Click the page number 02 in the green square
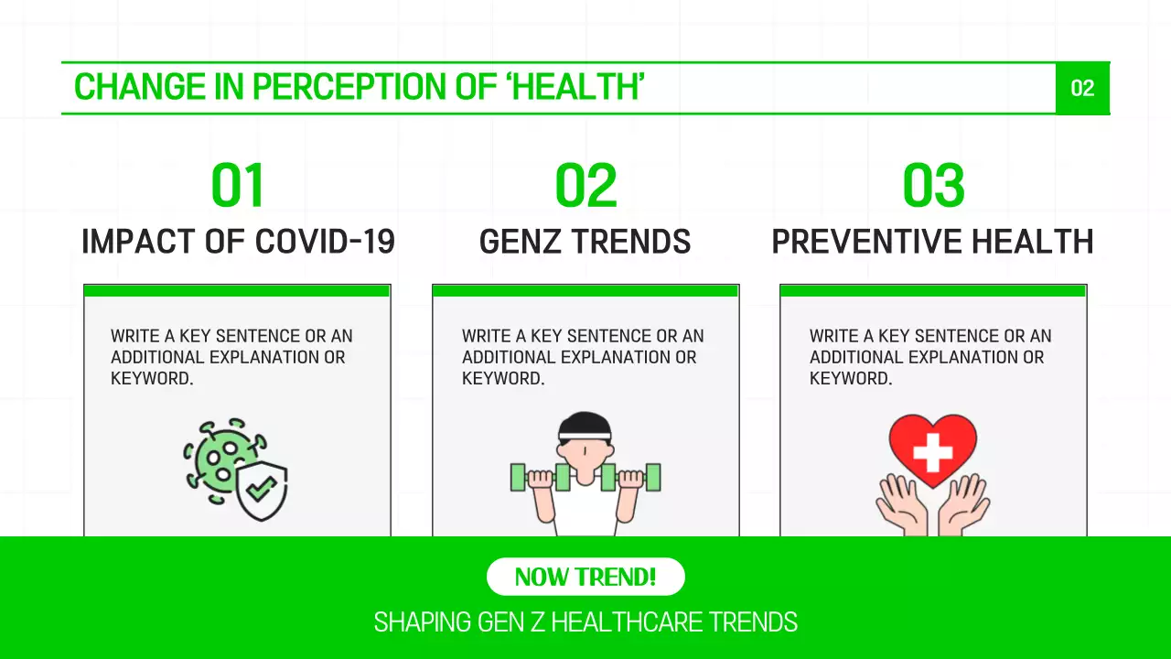(1082, 88)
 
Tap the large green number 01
(238, 186)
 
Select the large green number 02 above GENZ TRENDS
(585, 186)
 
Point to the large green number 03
(933, 186)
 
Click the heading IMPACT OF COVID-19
(238, 243)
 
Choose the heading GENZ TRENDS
(585, 243)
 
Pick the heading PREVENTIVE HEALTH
(933, 243)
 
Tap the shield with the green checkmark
(262, 490)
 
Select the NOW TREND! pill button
(585, 577)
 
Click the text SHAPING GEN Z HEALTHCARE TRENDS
(585, 623)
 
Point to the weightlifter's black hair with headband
(585, 426)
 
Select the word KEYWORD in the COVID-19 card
(151, 379)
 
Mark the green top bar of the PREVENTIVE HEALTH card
(933, 291)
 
